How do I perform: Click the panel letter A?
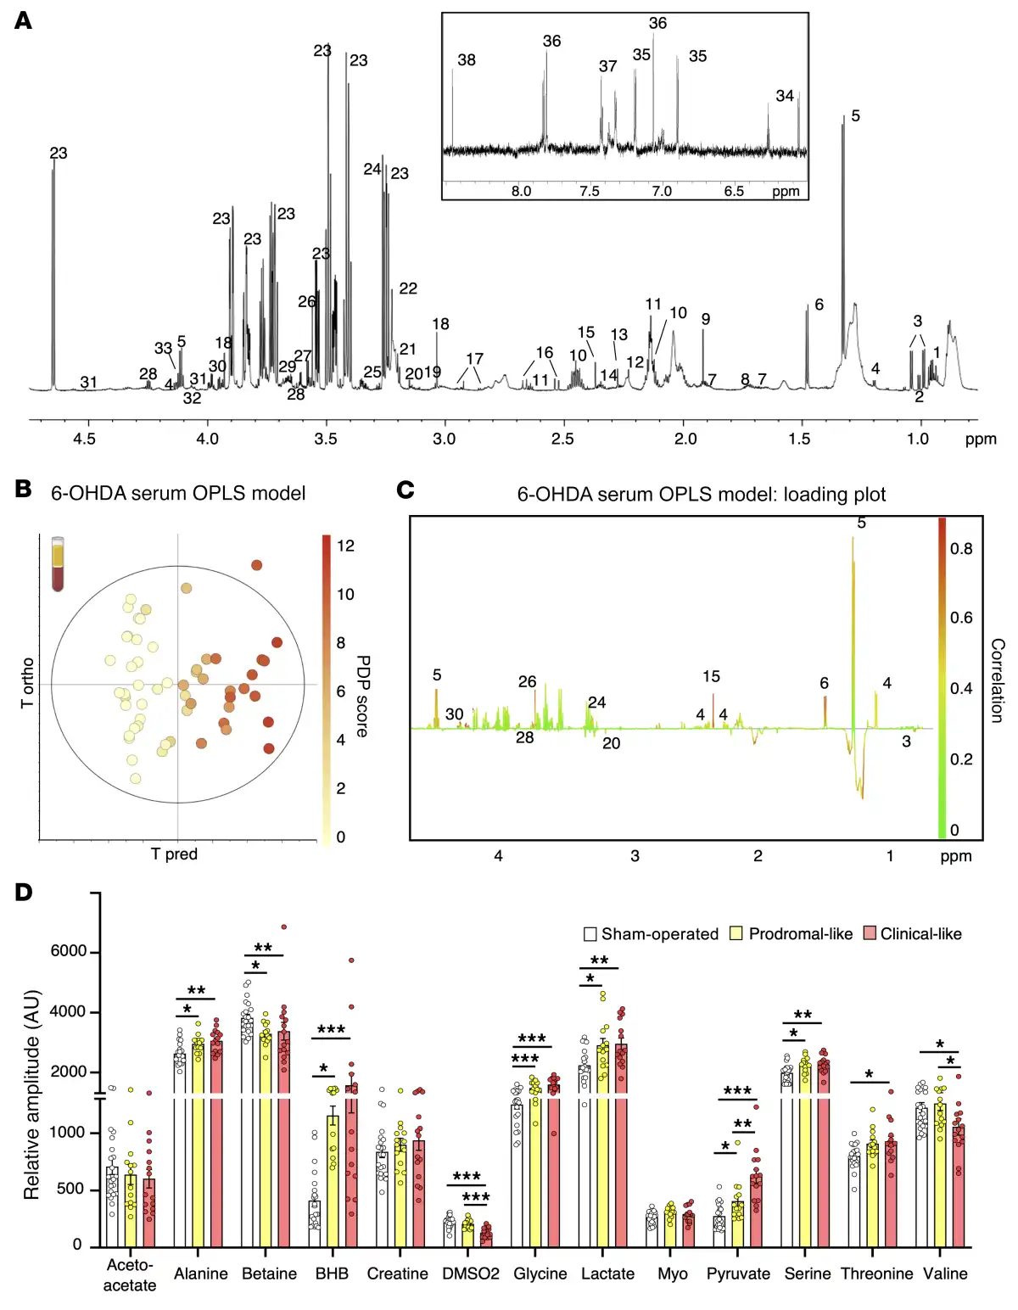pos(23,20)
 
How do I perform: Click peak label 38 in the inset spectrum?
pos(467,60)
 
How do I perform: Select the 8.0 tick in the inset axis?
pos(521,191)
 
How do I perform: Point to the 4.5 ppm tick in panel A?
pos(84,439)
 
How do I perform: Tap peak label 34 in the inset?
pos(785,96)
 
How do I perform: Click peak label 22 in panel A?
pos(408,288)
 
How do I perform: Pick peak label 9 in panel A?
pos(706,319)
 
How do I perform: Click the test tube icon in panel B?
pos(58,563)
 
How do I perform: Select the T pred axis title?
pos(174,854)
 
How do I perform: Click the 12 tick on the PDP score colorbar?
pos(345,546)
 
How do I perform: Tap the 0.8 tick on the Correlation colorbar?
pos(961,549)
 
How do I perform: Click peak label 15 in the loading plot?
pos(711,676)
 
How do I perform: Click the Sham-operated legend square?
pos(590,934)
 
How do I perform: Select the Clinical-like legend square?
pos(870,934)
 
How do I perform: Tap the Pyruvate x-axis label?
pos(738,1274)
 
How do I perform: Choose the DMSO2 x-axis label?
pos(471,1274)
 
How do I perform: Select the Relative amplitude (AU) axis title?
pos(32,1094)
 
